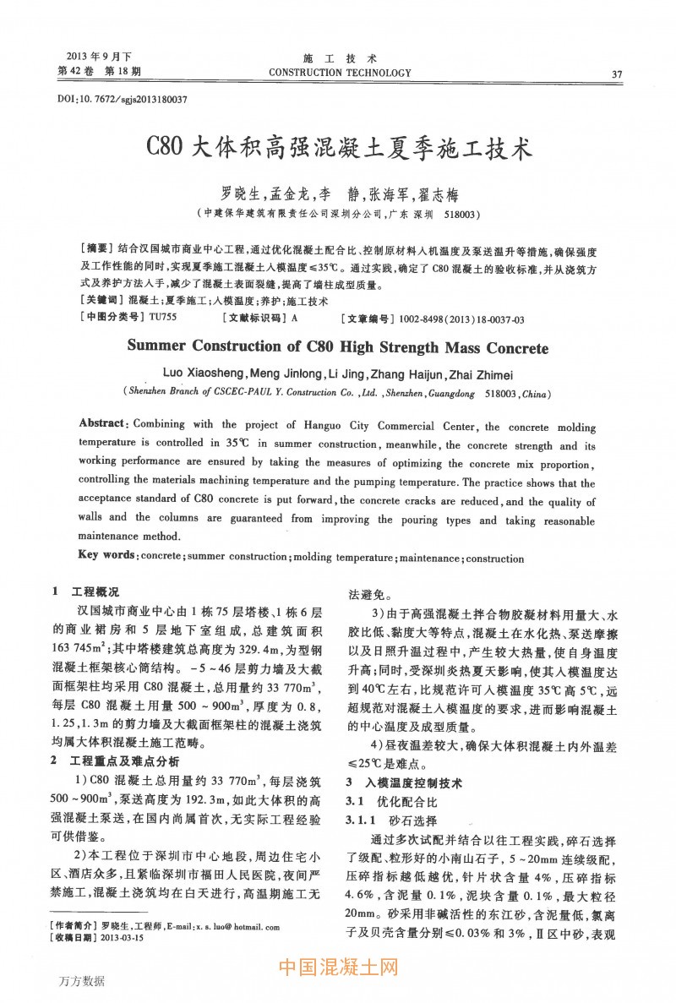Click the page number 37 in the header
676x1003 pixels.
pyautogui.click(x=616, y=74)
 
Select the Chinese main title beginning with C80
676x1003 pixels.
pyautogui.click(x=338, y=150)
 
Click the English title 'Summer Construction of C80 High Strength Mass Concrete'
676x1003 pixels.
pyautogui.click(x=338, y=347)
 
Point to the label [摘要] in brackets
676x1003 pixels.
pyautogui.click(x=95, y=251)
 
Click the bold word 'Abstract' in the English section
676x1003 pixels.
pyautogui.click(x=102, y=422)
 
